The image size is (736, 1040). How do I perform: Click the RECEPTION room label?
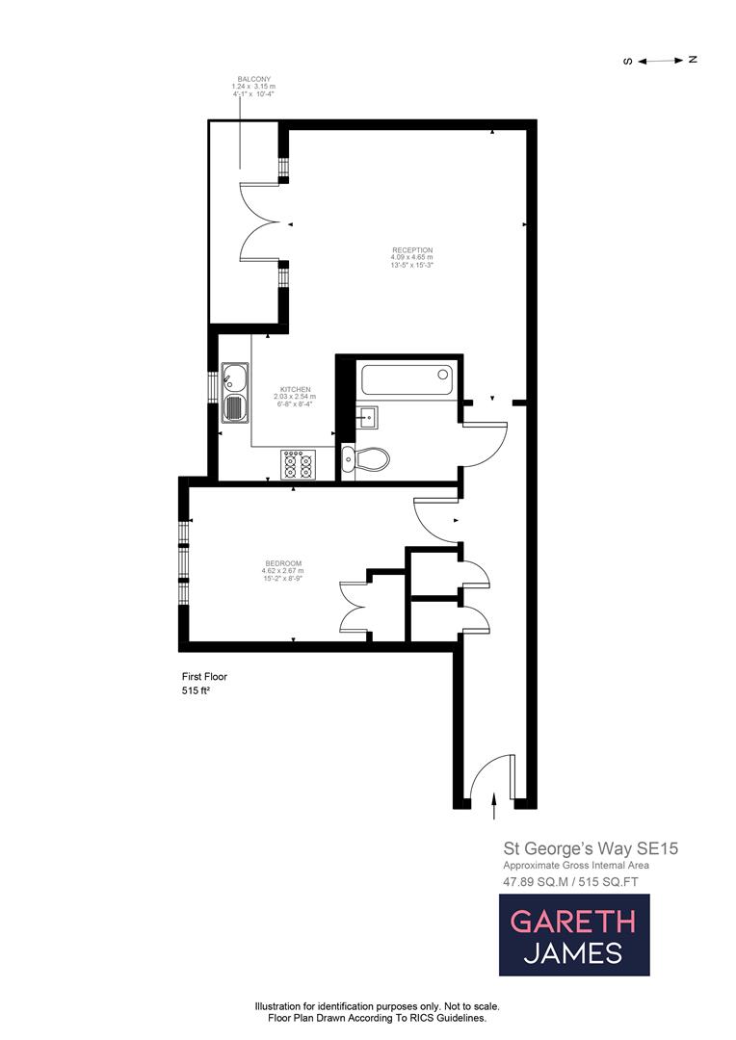(x=411, y=250)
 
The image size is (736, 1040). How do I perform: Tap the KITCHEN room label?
(x=294, y=389)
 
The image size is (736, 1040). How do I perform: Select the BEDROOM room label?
(x=283, y=563)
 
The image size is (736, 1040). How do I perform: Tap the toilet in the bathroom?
(x=367, y=459)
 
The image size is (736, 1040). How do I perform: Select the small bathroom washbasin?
(x=366, y=417)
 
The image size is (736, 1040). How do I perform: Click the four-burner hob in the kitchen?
(x=298, y=464)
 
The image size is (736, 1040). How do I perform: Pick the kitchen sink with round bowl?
(x=234, y=377)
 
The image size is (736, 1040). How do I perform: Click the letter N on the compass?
(x=692, y=60)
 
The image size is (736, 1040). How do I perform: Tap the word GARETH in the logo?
(x=572, y=922)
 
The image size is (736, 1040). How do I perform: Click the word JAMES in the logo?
(x=572, y=953)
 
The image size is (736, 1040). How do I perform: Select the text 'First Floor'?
(x=204, y=676)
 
